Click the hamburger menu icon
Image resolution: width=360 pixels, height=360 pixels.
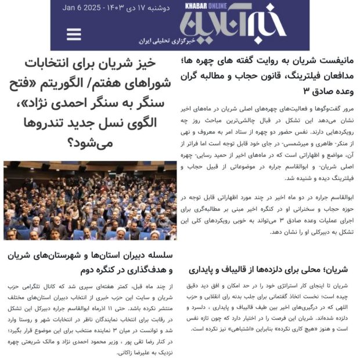(x=74, y=34)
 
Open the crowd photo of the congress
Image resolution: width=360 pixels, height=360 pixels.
(x=90, y=200)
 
